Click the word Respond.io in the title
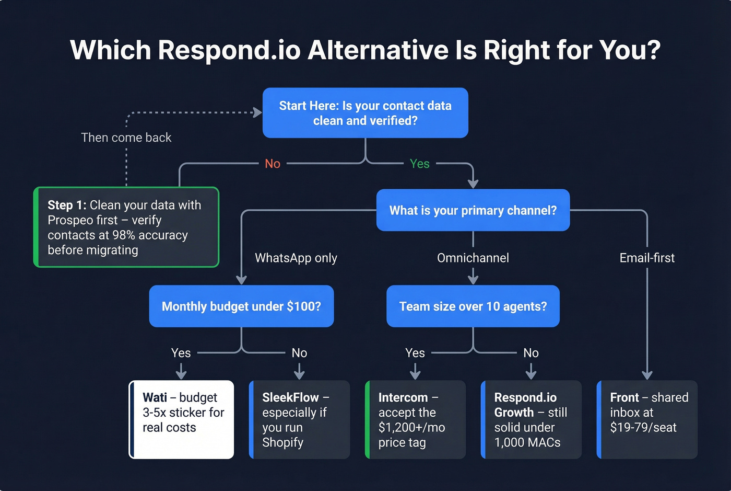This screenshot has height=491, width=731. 229,50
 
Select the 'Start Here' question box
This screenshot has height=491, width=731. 365,113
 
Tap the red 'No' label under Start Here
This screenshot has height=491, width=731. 273,164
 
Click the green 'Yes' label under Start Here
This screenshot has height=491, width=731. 419,164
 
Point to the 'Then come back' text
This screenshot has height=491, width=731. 126,138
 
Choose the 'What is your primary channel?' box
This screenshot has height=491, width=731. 473,210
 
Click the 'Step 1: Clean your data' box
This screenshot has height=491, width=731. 126,227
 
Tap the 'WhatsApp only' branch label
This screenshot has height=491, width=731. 296,258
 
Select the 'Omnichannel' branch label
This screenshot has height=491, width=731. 473,258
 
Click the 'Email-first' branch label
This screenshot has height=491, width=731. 647,258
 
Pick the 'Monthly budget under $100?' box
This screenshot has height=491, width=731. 241,306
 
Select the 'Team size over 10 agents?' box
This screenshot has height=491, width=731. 473,306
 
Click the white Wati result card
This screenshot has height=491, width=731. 182,419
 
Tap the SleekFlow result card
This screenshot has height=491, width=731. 300,419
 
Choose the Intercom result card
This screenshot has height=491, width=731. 416,419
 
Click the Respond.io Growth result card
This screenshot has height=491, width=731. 531,419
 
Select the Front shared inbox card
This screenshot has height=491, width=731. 647,419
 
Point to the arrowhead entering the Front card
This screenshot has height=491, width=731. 647,375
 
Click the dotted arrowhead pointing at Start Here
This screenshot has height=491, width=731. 257,112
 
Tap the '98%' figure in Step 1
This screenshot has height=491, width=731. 124,235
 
